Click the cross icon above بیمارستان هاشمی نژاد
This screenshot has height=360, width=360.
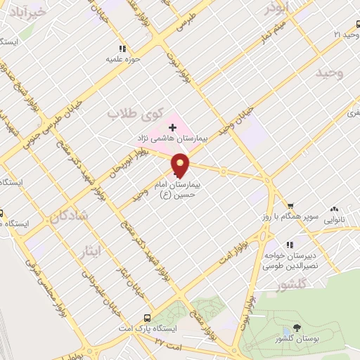pyautogui.click(x=172, y=127)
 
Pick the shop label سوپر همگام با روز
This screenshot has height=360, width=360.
pyautogui.click(x=288, y=217)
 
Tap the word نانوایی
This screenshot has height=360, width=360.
pyautogui.click(x=334, y=219)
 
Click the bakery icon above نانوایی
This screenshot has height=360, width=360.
pyautogui.click(x=334, y=209)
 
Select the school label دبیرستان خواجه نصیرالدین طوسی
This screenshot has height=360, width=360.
pyautogui.click(x=288, y=262)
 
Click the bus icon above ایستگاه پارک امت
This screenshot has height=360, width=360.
pyautogui.click(x=147, y=318)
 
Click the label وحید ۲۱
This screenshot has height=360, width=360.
pyautogui.click(x=344, y=34)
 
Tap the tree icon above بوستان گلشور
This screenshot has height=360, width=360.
pyautogui.click(x=297, y=328)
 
